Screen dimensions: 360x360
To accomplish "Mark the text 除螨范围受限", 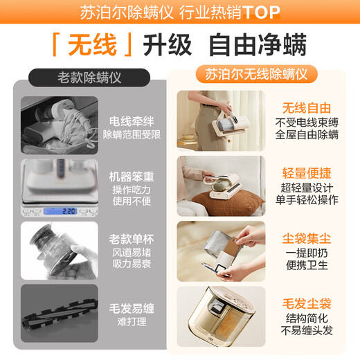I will (132, 134).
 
